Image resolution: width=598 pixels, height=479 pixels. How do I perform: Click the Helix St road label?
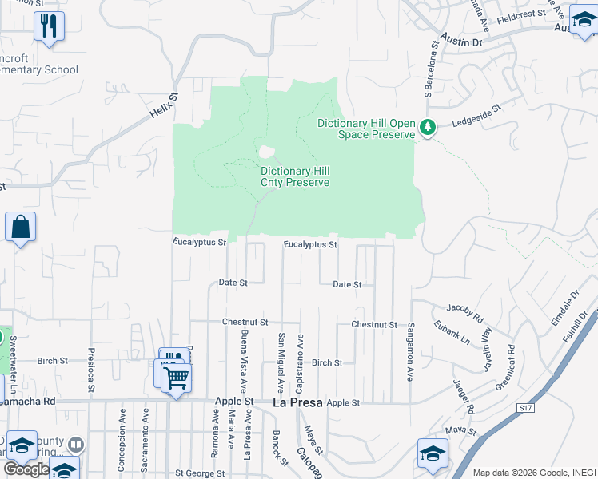coord(163,105)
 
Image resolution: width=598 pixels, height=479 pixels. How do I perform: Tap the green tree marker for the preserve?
coord(428,128)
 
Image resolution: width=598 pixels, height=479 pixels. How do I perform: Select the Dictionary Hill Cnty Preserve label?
coord(295,176)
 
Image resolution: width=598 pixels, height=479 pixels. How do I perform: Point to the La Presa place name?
coord(297,402)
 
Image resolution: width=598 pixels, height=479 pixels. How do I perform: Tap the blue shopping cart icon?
coord(176,376)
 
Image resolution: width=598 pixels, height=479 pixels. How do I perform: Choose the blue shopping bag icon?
coord(20,227)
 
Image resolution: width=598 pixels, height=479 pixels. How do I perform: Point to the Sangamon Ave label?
coord(410,351)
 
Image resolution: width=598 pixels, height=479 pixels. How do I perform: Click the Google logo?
coord(26,469)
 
